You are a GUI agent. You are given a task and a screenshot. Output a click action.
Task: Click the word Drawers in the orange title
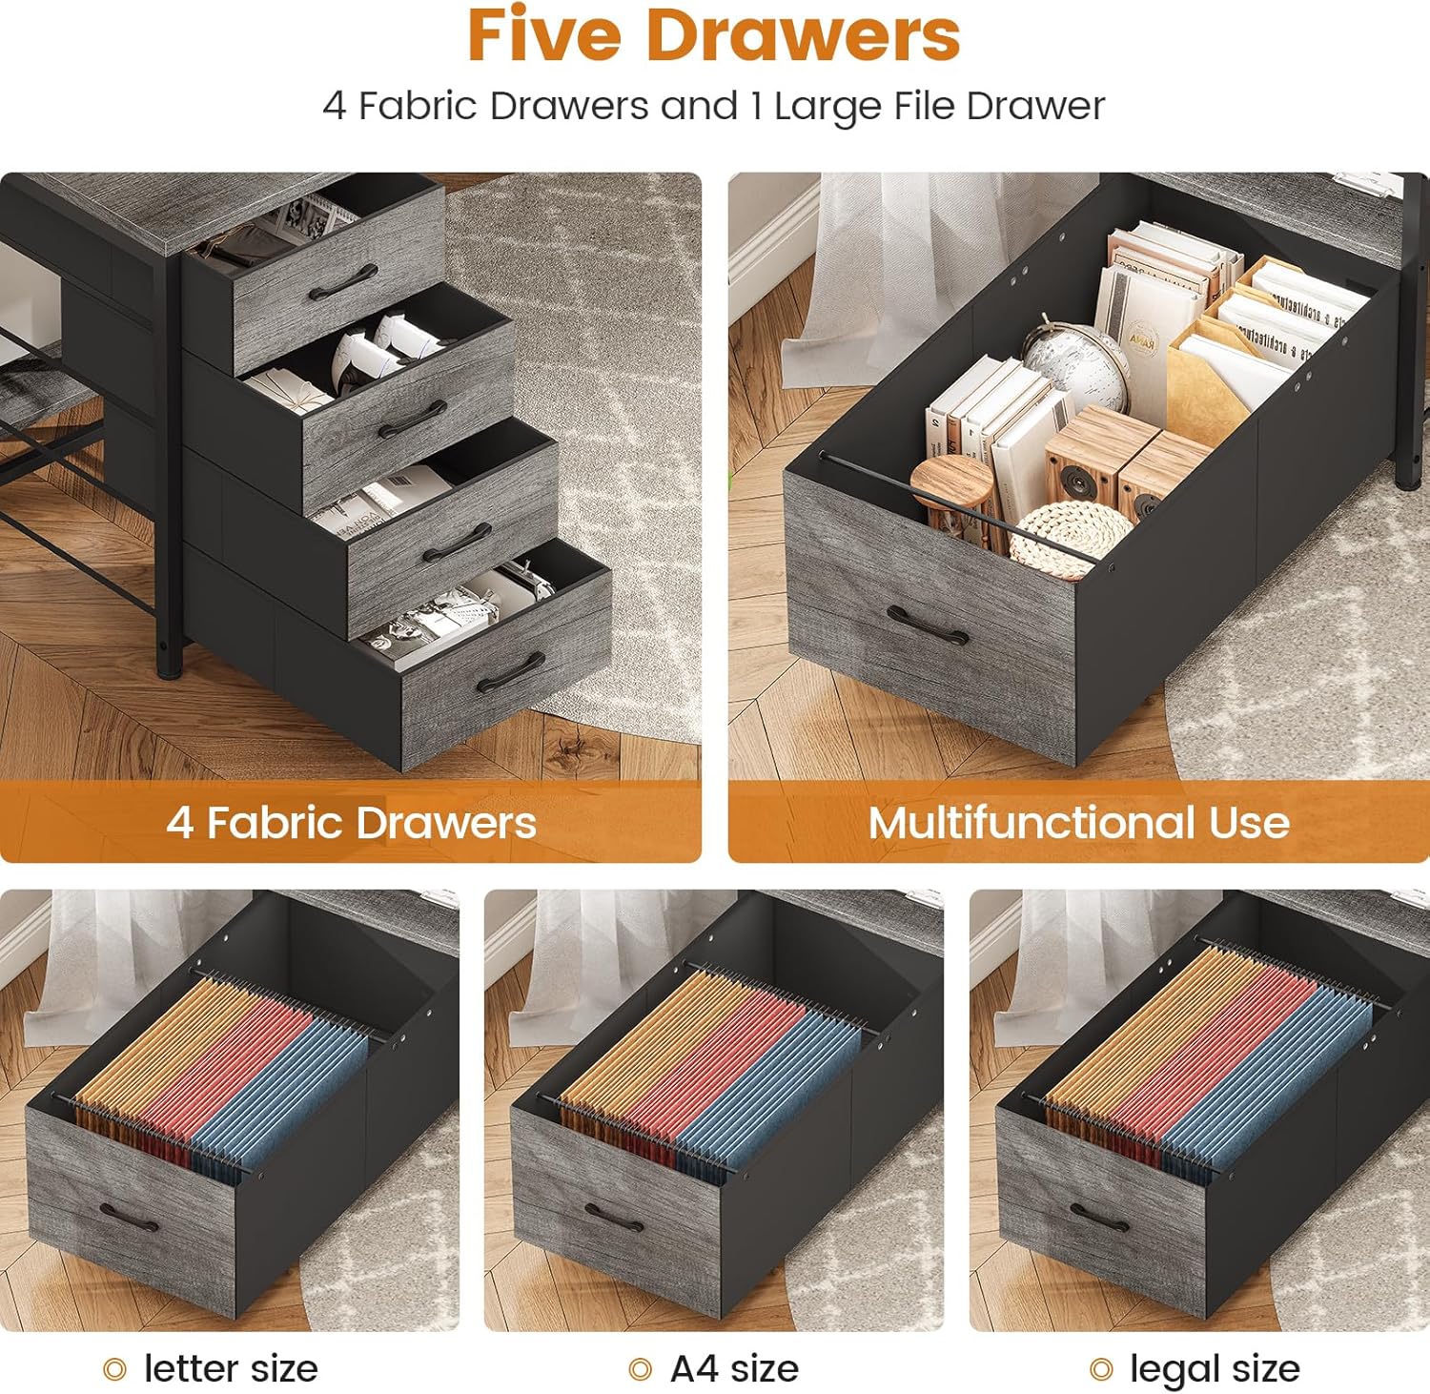click(x=803, y=35)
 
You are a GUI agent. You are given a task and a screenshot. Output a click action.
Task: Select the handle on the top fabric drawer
click(x=343, y=282)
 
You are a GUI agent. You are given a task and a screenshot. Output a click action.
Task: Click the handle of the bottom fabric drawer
click(x=511, y=673)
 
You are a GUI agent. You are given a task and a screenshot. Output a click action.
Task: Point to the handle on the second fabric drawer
click(x=413, y=419)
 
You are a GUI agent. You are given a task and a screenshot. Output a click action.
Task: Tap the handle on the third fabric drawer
click(x=458, y=543)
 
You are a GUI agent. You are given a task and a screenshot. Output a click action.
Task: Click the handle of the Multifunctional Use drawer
click(x=928, y=626)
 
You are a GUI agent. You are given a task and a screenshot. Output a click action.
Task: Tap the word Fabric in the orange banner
click(x=273, y=822)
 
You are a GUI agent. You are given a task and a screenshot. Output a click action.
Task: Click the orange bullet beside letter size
click(x=114, y=1370)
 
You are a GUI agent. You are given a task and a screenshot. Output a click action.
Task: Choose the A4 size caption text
click(x=734, y=1369)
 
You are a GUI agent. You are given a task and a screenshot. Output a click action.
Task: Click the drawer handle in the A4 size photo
click(x=615, y=1218)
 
